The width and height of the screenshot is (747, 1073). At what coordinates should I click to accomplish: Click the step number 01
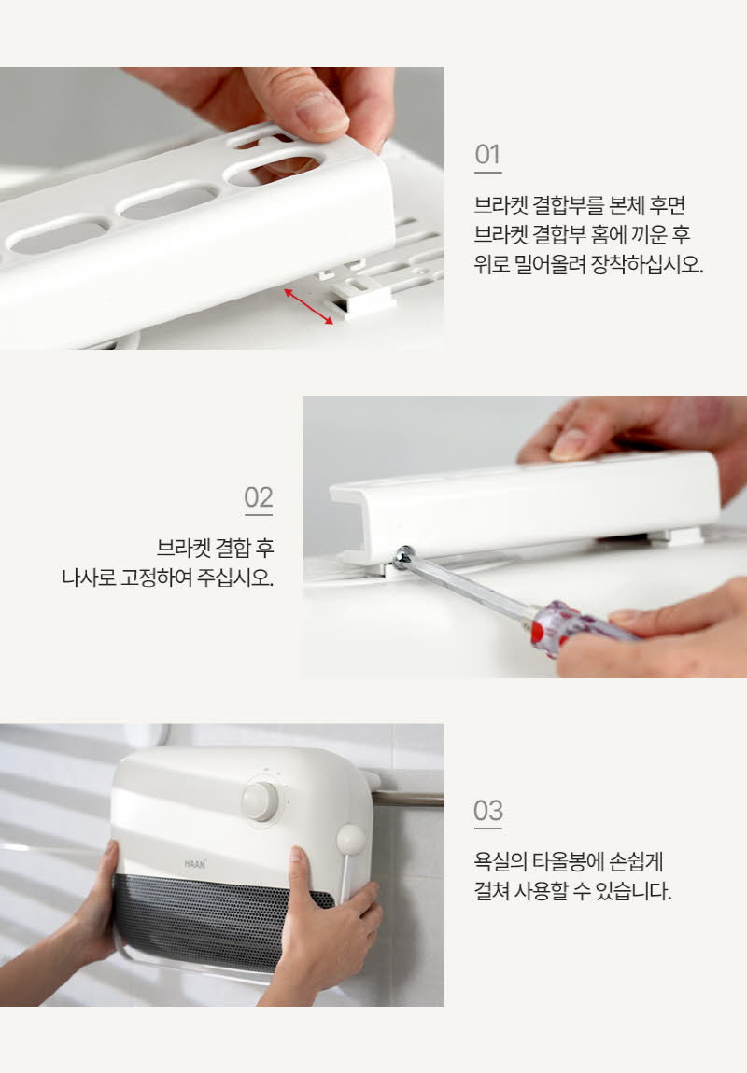point(487,155)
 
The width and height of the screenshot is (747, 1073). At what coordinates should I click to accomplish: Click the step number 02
point(259,497)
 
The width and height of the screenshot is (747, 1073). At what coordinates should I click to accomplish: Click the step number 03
point(487,811)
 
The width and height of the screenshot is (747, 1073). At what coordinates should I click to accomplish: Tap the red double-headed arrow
point(309,306)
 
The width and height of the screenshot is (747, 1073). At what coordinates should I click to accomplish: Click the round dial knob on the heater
point(261,801)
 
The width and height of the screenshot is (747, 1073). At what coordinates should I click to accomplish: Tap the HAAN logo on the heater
point(194,864)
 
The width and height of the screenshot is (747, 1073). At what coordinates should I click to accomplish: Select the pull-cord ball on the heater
point(348,840)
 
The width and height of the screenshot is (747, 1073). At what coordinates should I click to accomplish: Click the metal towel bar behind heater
point(408,798)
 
